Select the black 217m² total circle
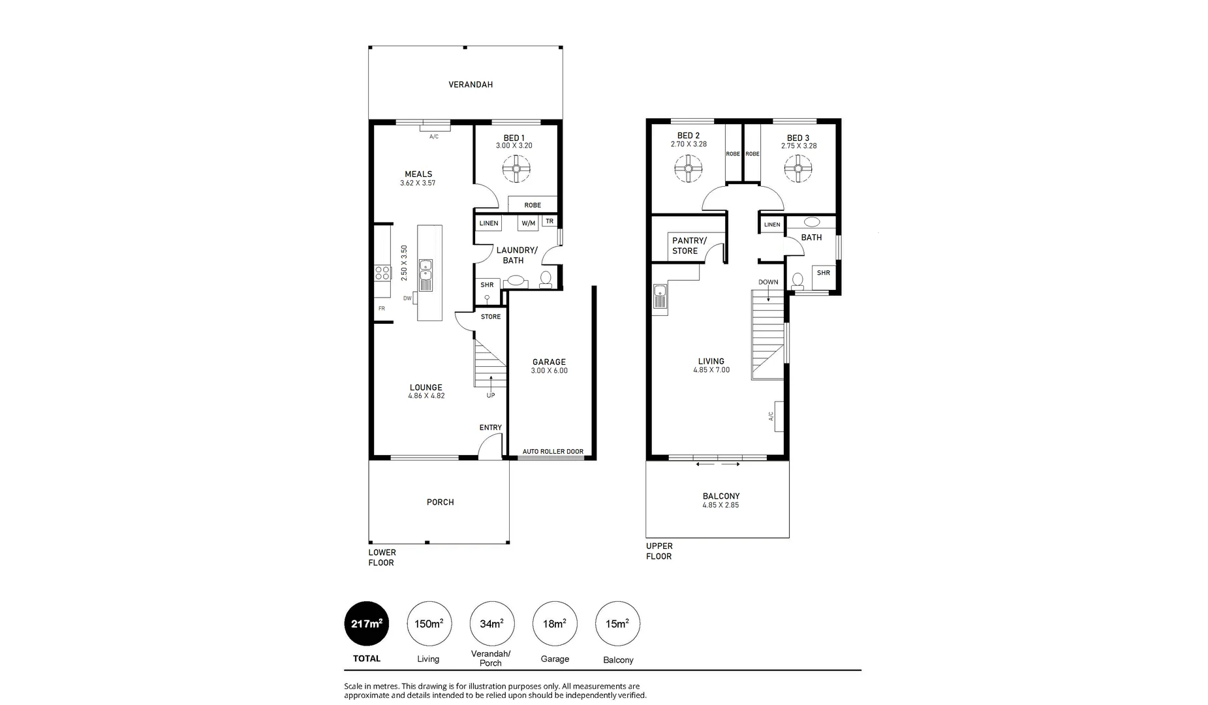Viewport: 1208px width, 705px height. click(367, 623)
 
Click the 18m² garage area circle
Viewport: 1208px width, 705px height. click(555, 623)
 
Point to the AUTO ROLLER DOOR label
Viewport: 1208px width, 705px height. click(553, 452)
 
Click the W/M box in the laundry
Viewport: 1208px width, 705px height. click(528, 223)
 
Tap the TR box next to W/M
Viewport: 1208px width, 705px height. click(550, 221)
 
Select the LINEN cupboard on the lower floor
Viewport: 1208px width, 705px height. click(489, 223)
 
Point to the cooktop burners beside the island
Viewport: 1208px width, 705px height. click(382, 273)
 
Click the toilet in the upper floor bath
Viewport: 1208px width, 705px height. click(797, 281)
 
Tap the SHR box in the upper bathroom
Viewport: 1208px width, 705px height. click(824, 274)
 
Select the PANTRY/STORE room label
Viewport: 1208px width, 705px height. click(689, 245)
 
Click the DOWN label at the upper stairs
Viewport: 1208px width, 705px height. click(768, 282)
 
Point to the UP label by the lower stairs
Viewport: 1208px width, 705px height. click(491, 395)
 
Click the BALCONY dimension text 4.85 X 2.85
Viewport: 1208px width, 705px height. click(720, 505)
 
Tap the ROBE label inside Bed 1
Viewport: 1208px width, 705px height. click(533, 205)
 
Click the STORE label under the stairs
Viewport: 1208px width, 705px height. click(491, 317)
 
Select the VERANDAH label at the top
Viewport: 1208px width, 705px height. click(470, 85)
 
